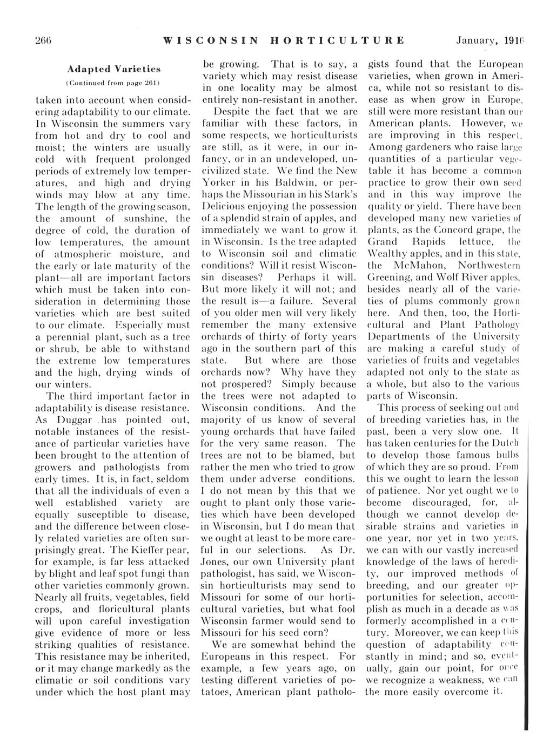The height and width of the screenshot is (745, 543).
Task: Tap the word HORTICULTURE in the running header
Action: coord(336,40)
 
